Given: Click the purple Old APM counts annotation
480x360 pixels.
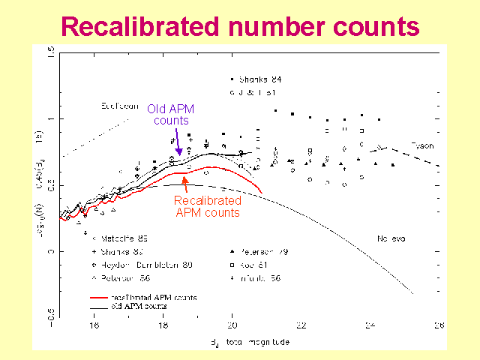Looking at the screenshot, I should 171,115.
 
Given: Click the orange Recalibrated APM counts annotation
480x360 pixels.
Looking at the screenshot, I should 207,206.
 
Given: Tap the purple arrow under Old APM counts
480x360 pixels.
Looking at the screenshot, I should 178,142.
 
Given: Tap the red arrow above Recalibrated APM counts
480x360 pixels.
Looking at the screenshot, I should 198,182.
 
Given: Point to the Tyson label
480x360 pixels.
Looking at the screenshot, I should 423,145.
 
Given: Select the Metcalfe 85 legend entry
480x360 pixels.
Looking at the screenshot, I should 117,238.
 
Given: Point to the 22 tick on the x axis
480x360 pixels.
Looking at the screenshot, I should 301,325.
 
